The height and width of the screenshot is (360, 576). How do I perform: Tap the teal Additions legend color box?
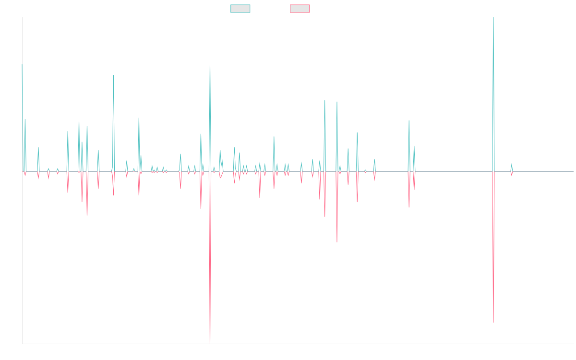pyautogui.click(x=240, y=9)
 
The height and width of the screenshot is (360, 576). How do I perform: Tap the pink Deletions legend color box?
pyautogui.click(x=300, y=9)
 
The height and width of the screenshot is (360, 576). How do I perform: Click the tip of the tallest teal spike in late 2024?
pyautogui.click(x=493, y=18)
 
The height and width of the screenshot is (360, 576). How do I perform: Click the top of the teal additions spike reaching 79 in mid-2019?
pyautogui.click(x=210, y=66)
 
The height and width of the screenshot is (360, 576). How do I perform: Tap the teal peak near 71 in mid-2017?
pyautogui.click(x=113, y=75)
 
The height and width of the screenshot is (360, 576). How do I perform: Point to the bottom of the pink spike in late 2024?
pyautogui.click(x=493, y=322)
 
